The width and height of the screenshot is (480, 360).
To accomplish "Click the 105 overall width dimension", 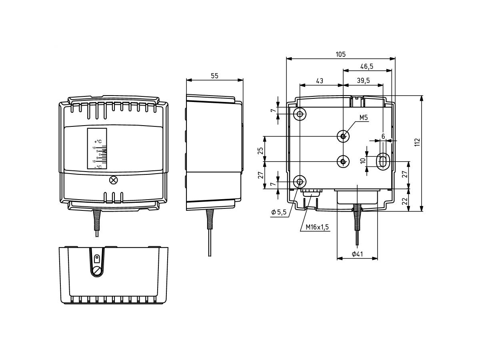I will pyautogui.click(x=340, y=54).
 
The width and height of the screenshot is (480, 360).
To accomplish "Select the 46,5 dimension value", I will pyautogui.click(x=366, y=66).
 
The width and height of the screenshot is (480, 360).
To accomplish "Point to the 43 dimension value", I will pyautogui.click(x=320, y=81).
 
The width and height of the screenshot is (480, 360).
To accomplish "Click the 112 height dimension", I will pyautogui.click(x=417, y=143).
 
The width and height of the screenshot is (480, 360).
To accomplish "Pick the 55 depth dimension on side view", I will pyautogui.click(x=215, y=76).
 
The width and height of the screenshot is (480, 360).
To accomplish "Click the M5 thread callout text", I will pyautogui.click(x=363, y=118).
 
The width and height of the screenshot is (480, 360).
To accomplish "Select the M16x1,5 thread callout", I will pyautogui.click(x=317, y=227).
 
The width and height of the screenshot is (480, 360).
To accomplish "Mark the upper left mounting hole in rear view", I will pyautogui.click(x=300, y=114).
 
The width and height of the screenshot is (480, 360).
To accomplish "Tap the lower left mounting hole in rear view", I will pyautogui.click(x=300, y=182).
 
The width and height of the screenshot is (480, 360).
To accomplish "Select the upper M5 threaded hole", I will pyautogui.click(x=343, y=136).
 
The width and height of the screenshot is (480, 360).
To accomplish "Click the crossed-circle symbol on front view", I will pyautogui.click(x=113, y=180).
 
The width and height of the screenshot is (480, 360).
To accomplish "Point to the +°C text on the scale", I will pyautogui.click(x=98, y=142).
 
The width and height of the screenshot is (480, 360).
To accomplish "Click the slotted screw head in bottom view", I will pyautogui.click(x=97, y=271).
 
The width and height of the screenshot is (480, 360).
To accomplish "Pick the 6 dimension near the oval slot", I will pyautogui.click(x=383, y=136).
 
